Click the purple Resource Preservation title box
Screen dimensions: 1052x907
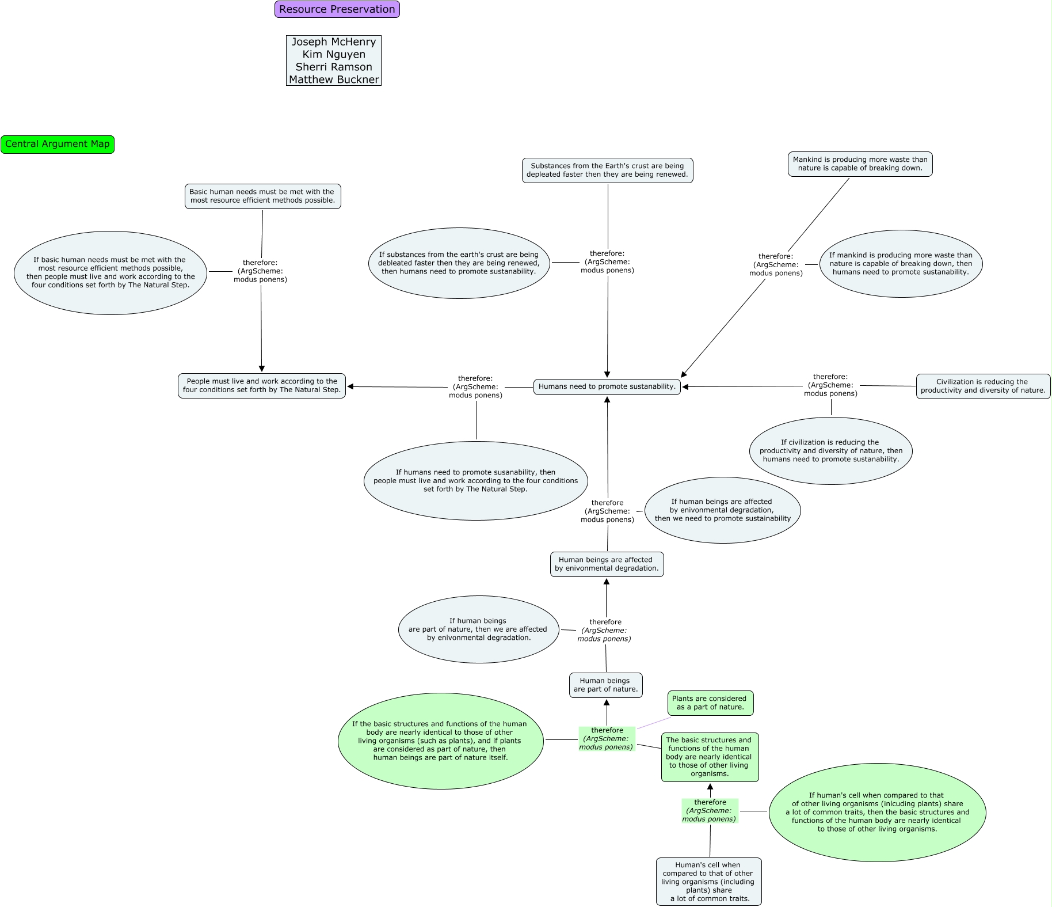337,9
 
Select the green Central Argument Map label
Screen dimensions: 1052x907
58,144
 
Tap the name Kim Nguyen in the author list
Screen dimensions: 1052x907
334,54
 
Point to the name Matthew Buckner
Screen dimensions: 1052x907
334,79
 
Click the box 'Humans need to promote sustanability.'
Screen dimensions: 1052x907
607,386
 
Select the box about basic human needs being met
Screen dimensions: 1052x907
262,196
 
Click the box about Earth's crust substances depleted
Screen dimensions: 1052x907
607,170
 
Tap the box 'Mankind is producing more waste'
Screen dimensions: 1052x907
860,164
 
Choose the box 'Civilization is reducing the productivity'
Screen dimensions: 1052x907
983,386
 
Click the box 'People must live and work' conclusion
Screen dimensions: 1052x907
262,385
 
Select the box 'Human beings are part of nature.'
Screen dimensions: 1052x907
605,685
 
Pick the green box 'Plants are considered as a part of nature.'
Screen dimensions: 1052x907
710,703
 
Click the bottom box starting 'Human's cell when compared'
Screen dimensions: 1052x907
708,882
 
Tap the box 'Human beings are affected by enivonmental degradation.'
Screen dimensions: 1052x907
607,564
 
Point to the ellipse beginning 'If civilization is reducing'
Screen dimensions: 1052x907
830,451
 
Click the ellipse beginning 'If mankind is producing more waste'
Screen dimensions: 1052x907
901,264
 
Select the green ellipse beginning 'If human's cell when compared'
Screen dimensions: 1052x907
877,813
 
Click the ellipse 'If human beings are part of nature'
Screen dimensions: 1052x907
478,629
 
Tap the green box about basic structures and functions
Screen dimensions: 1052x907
710,757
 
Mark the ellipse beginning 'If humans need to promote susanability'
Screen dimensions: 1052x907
475,481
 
